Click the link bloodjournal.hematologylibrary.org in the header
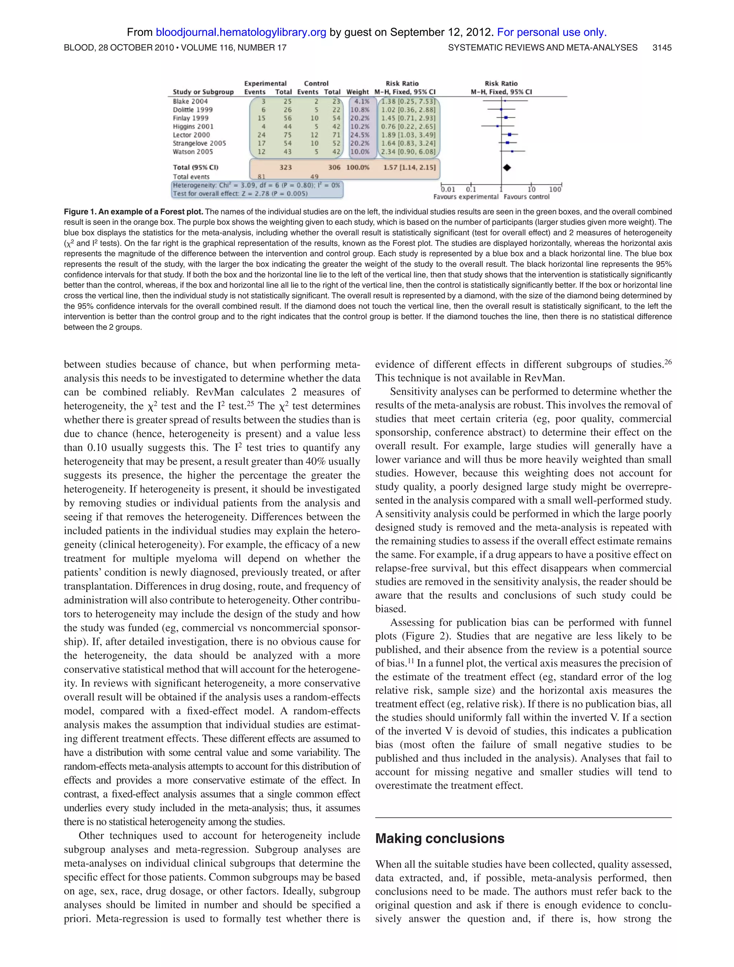(x=240, y=32)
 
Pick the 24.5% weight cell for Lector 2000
(x=359, y=135)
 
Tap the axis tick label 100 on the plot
(x=555, y=189)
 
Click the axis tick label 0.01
(x=448, y=189)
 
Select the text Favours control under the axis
(x=526, y=197)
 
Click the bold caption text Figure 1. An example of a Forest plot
(x=133, y=212)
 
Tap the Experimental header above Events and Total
(x=265, y=83)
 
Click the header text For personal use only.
(x=552, y=32)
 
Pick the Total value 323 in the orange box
(x=285, y=167)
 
